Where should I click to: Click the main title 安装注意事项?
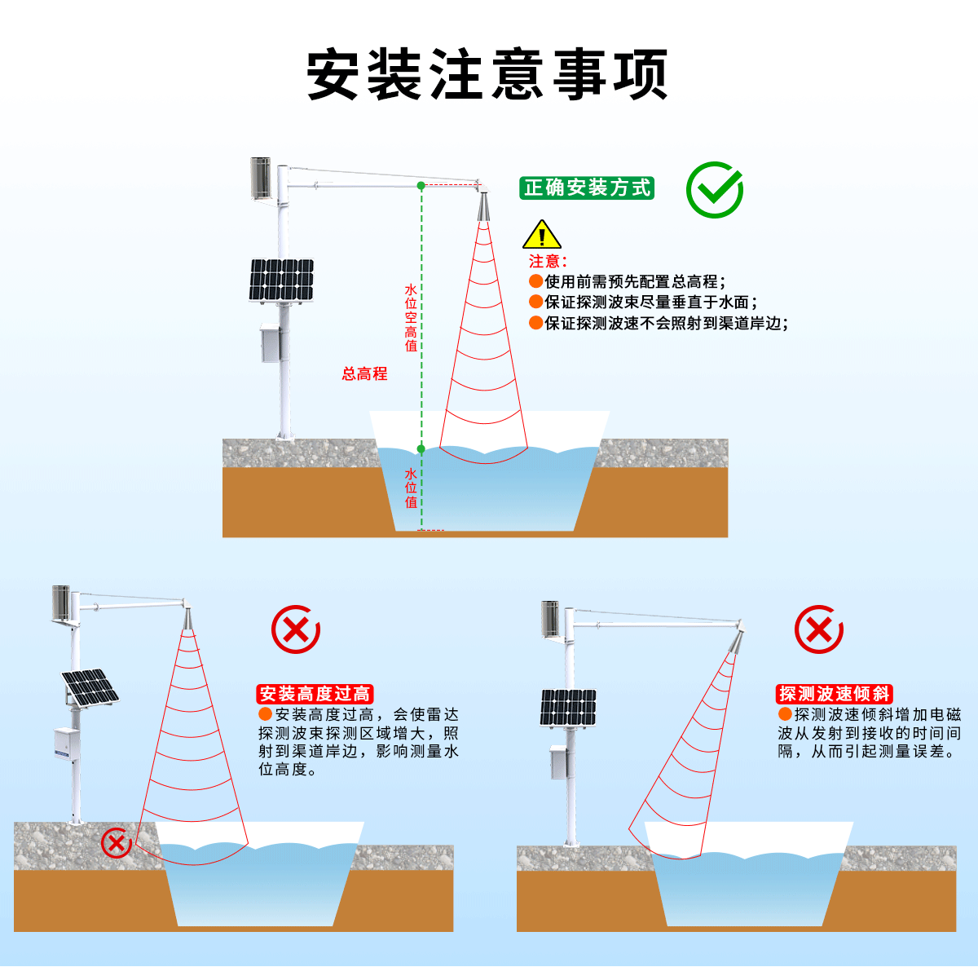coord(487,75)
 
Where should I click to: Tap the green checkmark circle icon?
coord(714,189)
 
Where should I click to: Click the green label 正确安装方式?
coord(587,188)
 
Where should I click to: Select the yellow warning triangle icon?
coord(541,236)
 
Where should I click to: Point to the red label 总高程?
coord(364,374)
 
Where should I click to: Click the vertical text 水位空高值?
coord(411,317)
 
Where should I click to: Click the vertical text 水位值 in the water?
coord(411,488)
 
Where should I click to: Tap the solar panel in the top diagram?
coord(282,280)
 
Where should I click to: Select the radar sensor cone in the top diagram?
coord(484,206)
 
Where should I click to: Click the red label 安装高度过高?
coord(315,694)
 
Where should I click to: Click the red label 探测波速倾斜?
coord(835,694)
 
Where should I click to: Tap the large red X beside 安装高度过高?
coord(295,629)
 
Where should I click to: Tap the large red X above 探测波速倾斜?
coord(818,629)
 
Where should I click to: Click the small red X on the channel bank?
coord(117,842)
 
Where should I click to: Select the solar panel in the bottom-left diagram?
coord(90,687)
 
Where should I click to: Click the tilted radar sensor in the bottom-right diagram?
coord(736,641)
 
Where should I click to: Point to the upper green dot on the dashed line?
coord(421,186)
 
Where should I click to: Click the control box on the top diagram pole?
coord(270,342)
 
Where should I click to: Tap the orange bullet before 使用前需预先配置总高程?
coord(535,281)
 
